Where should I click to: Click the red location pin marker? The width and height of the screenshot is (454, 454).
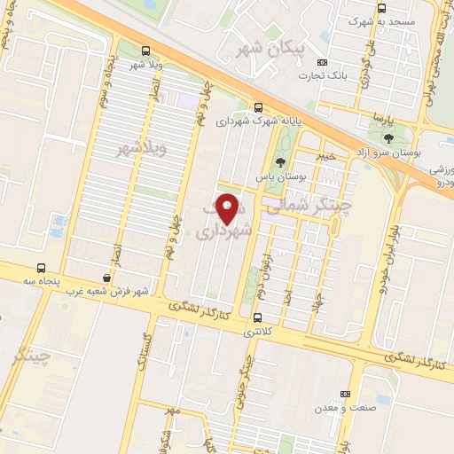tap(229, 209)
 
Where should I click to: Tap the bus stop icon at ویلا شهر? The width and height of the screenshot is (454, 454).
tap(145, 51)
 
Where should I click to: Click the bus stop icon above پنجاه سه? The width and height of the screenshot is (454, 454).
tap(42, 268)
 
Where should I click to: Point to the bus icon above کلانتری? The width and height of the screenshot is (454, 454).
tap(257, 317)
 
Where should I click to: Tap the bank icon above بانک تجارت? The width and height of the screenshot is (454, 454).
tap(322, 62)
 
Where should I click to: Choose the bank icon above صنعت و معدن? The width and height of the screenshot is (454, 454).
tap(344, 395)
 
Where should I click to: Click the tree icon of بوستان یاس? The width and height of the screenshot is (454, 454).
tap(281, 162)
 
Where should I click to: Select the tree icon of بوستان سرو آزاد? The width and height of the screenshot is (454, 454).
tap(388, 137)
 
